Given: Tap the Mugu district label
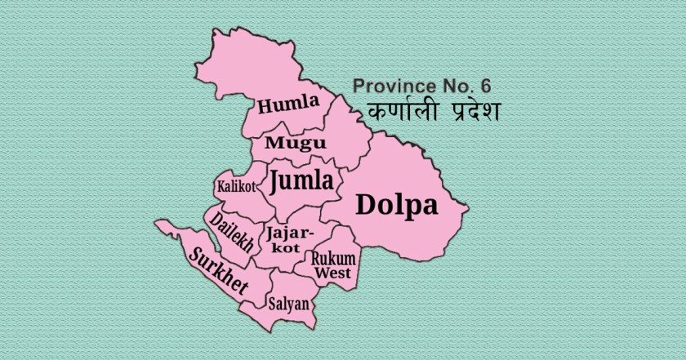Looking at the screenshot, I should pyautogui.click(x=296, y=143).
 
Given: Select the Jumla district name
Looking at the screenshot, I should pyautogui.click(x=301, y=180).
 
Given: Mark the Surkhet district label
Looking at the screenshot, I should pyautogui.click(x=218, y=272).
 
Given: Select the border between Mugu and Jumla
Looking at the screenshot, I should pyautogui.click(x=298, y=158).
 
